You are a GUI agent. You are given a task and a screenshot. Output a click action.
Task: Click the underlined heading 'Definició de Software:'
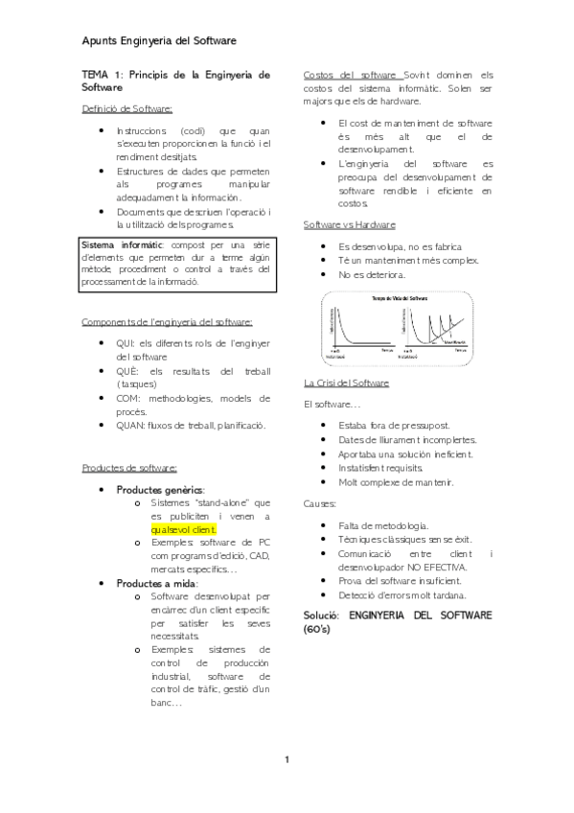click(127, 109)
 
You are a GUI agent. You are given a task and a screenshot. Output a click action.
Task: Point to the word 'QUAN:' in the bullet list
click(132, 425)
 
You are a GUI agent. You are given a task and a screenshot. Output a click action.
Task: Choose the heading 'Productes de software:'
click(129, 467)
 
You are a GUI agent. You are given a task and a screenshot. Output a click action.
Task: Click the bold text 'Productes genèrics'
click(159, 489)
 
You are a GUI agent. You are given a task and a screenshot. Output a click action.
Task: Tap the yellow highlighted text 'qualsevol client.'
click(184, 528)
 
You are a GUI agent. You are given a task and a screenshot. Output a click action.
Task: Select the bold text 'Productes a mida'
click(156, 582)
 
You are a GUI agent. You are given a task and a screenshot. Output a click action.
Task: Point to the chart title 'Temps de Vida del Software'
click(399, 299)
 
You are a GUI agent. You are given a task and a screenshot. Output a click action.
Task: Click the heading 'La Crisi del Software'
click(346, 383)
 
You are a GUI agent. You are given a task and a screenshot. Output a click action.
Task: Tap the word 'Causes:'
click(320, 502)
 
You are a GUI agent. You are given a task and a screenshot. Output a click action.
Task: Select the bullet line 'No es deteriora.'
click(372, 275)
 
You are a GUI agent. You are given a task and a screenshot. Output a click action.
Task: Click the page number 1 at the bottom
click(287, 760)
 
